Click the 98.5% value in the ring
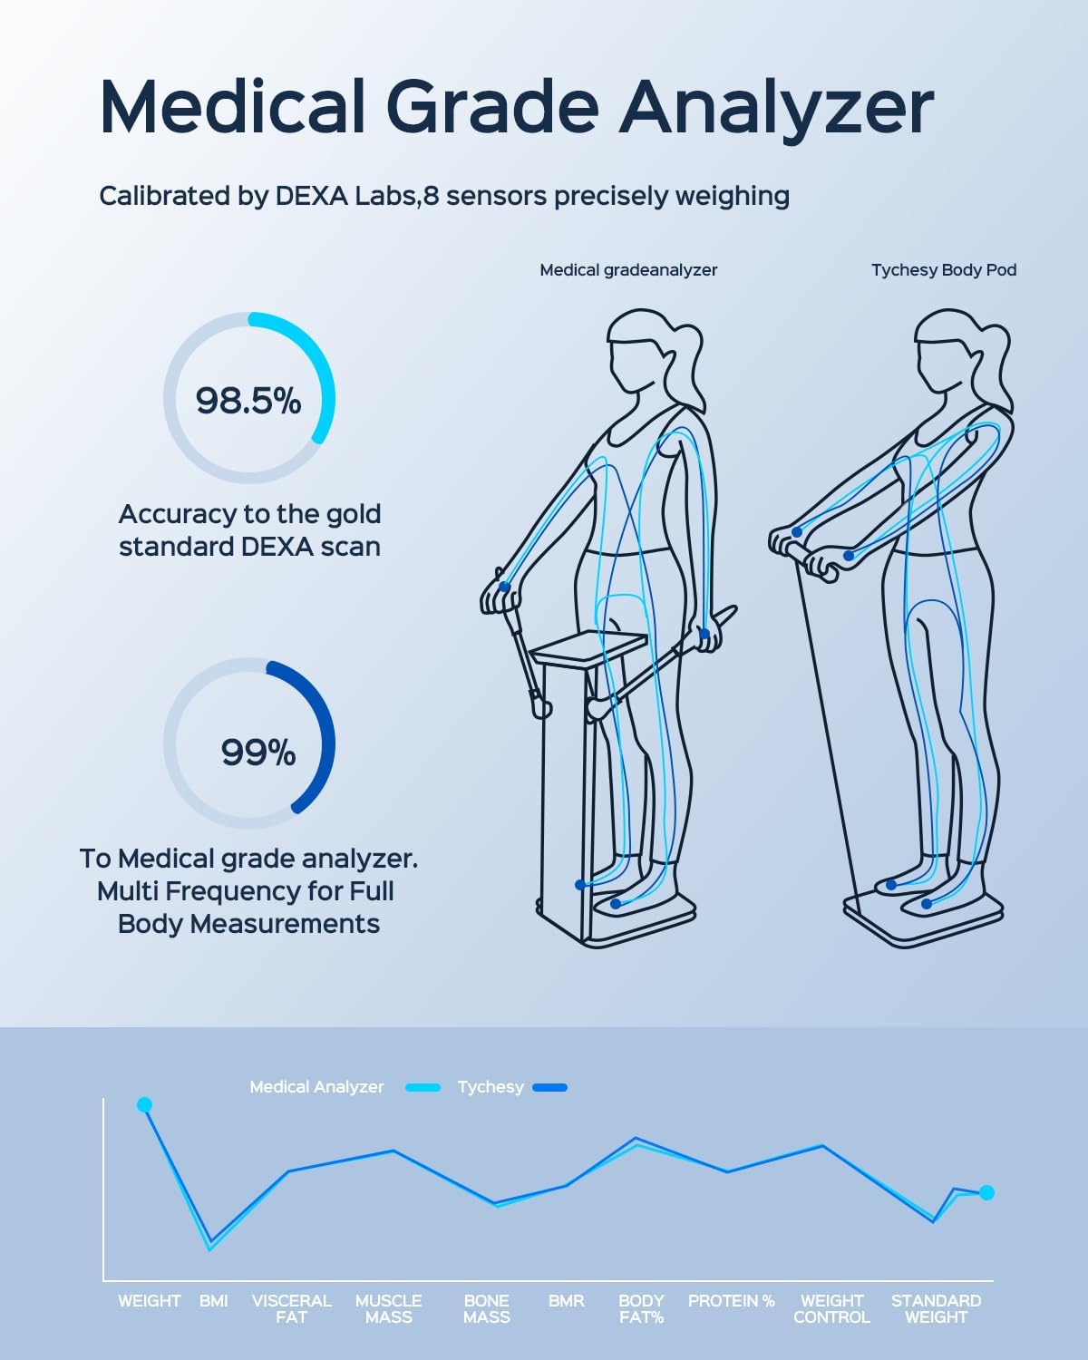[248, 400]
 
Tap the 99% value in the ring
[258, 753]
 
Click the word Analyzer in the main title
[777, 108]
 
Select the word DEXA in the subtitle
[313, 196]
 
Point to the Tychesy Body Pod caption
[943, 270]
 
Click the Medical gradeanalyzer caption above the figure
[628, 270]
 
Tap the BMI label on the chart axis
[214, 1301]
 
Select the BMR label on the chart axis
[566, 1301]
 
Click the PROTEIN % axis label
[731, 1301]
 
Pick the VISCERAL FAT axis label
[291, 1308]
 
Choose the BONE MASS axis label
[486, 1308]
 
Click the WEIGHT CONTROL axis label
[831, 1308]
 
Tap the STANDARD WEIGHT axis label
[936, 1308]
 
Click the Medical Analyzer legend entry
[316, 1087]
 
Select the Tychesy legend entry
[491, 1087]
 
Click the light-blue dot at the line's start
[144, 1104]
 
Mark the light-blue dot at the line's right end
[986, 1192]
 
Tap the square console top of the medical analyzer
[589, 646]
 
